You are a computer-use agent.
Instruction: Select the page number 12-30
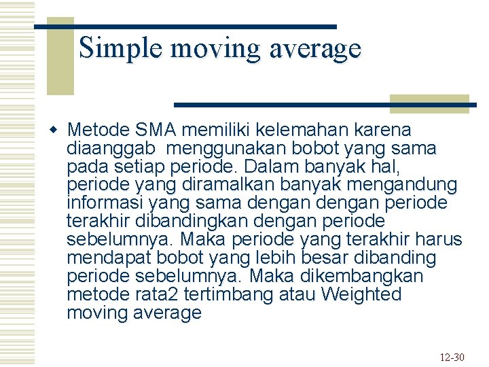[x=451, y=357]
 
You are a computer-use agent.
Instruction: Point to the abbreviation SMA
[x=160, y=130]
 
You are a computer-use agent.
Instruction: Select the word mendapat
[x=109, y=258]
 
